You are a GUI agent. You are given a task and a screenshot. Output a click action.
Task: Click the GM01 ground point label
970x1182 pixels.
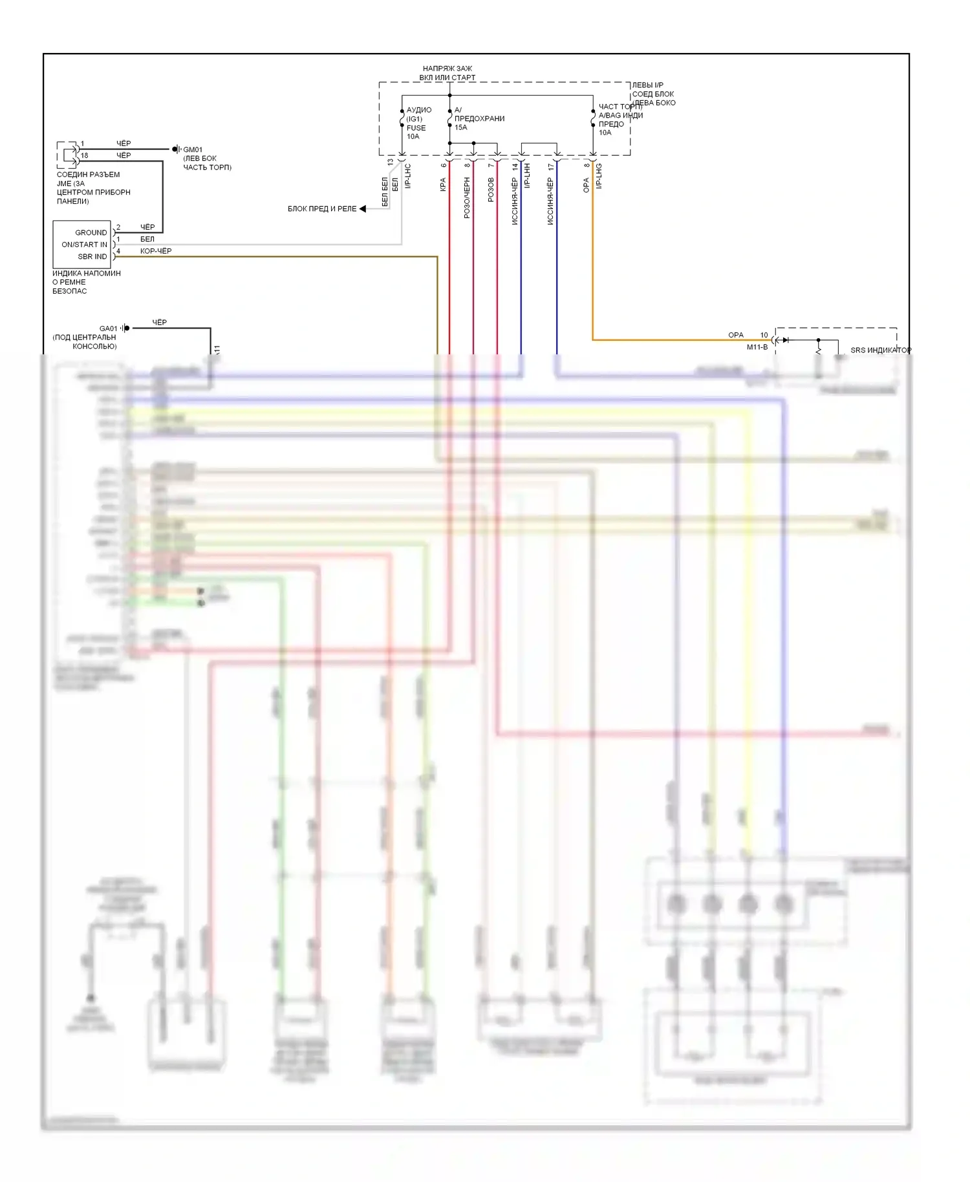[x=193, y=149]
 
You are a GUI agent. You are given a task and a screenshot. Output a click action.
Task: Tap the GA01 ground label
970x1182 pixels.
[x=108, y=328]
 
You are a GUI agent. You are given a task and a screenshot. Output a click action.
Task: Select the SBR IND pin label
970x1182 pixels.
[x=92, y=257]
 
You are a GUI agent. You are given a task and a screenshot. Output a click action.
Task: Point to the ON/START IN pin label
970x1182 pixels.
[x=84, y=244]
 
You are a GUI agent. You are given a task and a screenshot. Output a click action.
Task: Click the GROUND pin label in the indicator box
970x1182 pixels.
[x=91, y=233]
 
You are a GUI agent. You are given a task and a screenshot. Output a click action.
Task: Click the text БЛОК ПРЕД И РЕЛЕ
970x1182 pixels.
[x=321, y=209]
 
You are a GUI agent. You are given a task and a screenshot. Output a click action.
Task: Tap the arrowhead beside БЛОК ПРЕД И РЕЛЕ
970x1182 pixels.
[x=363, y=209]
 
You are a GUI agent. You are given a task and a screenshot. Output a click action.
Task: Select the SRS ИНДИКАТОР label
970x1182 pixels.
[x=880, y=350]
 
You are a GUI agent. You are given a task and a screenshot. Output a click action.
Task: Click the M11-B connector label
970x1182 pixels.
[x=757, y=347]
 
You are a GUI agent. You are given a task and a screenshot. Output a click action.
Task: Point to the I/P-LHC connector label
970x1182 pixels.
[x=408, y=176]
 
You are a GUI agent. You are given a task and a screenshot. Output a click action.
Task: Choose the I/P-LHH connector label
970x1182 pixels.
[x=527, y=176]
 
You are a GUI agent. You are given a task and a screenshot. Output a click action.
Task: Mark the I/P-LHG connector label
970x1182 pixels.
[x=599, y=176]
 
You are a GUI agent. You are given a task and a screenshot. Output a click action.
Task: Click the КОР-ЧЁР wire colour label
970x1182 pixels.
[x=156, y=251]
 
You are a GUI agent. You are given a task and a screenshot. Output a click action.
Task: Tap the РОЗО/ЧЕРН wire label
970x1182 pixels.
[x=467, y=198]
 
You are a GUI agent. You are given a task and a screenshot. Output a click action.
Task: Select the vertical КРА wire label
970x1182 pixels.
[x=443, y=185]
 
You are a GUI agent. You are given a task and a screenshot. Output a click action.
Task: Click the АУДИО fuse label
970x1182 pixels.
[x=418, y=110]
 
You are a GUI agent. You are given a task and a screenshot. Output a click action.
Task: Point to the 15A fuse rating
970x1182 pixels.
[x=460, y=127]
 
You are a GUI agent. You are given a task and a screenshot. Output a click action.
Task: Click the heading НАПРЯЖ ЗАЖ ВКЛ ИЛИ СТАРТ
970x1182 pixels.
[x=447, y=73]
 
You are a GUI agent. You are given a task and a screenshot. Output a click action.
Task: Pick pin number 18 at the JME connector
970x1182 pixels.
[x=84, y=155]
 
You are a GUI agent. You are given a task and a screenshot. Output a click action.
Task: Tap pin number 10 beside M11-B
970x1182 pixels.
[x=764, y=335]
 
